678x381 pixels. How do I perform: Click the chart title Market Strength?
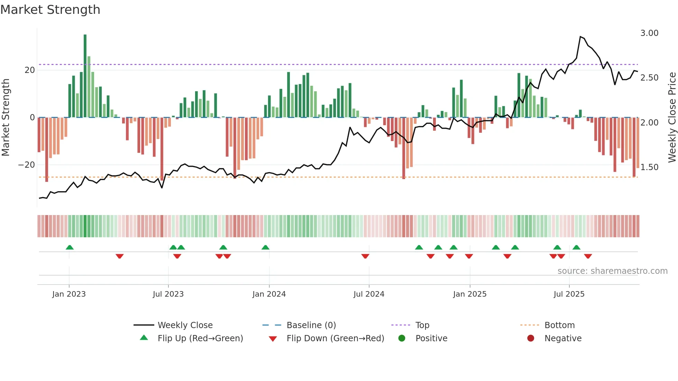50,10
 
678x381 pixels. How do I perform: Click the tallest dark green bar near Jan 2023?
85,76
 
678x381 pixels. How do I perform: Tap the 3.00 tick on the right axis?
649,33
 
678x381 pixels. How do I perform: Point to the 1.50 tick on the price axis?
649,167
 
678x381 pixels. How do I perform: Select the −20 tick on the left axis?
27,165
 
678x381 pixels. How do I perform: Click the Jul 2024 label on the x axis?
369,294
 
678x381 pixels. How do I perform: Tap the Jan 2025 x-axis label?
469,294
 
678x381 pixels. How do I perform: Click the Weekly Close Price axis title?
672,118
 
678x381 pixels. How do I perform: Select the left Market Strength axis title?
6,118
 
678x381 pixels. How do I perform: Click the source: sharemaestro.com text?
612,271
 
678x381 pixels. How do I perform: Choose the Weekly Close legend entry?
185,325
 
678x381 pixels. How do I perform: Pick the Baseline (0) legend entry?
311,325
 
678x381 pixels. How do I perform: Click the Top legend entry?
422,325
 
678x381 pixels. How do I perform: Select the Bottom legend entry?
559,325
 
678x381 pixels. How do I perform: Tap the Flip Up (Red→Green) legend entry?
200,338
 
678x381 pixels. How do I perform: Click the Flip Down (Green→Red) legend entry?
335,338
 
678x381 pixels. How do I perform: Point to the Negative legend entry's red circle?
531,338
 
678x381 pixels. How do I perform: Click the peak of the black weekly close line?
580,37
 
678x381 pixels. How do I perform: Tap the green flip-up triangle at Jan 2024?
265,248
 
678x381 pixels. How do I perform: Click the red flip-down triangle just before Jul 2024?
365,256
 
